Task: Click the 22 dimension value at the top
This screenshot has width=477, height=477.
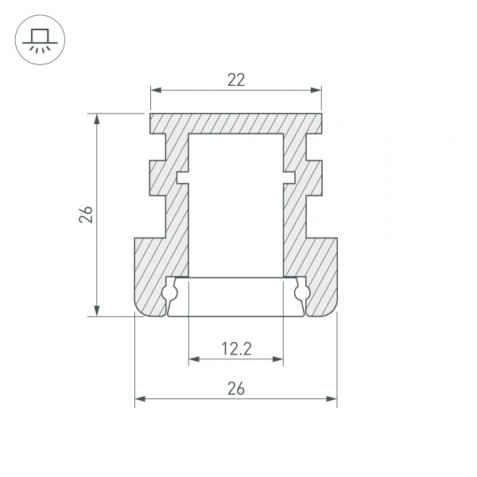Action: [x=235, y=79]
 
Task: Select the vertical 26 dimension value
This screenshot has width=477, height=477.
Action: [x=87, y=215]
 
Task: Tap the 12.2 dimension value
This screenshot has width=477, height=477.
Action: [x=235, y=348]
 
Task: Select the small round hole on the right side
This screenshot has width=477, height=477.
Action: [x=301, y=294]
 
